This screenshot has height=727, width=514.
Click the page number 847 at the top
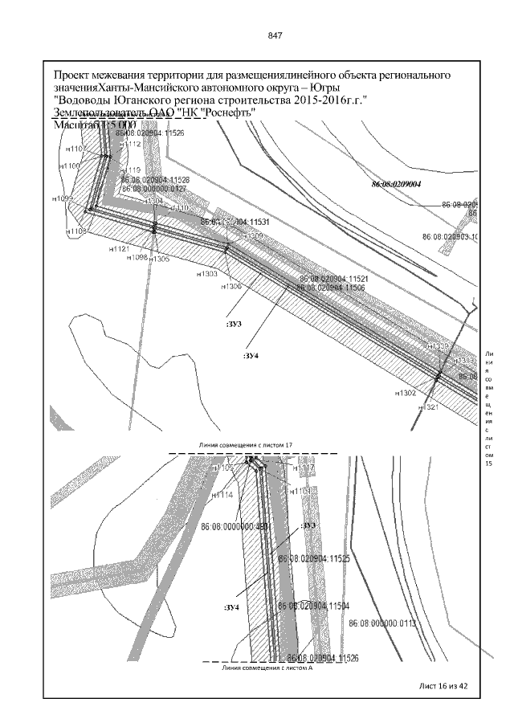click(275, 36)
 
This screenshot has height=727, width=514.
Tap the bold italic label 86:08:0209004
click(397, 184)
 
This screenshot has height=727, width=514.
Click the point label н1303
click(208, 274)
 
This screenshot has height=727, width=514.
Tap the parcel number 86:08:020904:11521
click(331, 278)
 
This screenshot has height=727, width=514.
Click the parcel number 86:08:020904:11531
click(235, 221)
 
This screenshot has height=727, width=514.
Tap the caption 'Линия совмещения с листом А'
click(259, 667)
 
